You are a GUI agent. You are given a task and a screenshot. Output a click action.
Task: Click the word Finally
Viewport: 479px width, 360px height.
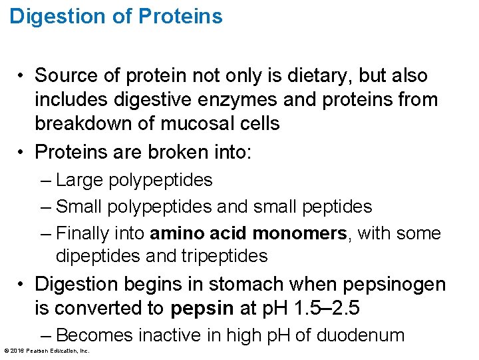click(81, 233)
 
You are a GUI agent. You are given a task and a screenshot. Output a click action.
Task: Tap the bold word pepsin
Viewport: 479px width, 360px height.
click(202, 309)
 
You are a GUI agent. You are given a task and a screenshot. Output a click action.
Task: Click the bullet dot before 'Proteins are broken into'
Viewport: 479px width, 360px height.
click(23, 153)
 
